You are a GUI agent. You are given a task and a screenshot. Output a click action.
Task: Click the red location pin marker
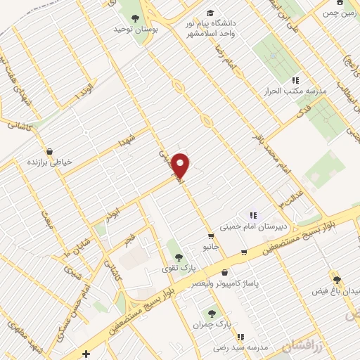tap(181, 165)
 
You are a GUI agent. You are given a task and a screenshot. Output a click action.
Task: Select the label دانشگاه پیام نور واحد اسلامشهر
tap(212, 28)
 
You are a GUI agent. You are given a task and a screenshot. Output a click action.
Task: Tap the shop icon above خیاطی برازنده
tap(49, 151)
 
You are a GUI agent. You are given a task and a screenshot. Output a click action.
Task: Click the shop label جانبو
tap(211, 247)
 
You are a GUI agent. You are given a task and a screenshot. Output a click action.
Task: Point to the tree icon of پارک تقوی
tap(178, 257)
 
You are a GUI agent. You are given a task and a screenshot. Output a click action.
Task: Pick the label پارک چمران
tap(211, 324)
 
